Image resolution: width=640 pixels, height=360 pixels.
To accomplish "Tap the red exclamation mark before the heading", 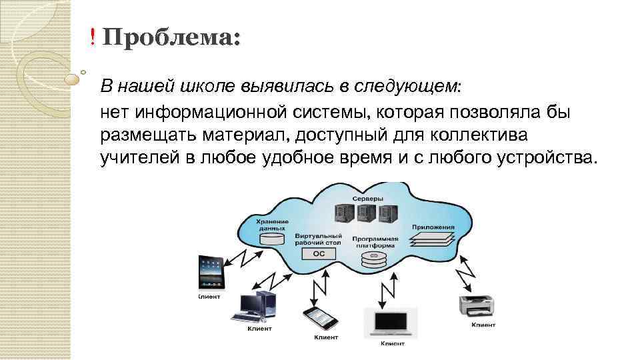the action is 93,38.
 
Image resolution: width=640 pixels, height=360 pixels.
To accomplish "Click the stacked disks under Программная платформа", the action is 376,259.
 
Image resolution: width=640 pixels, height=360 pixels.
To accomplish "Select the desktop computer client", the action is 257,306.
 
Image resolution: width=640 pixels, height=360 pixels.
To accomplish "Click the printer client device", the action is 477,305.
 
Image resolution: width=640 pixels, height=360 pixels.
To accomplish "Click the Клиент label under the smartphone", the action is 327,337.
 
